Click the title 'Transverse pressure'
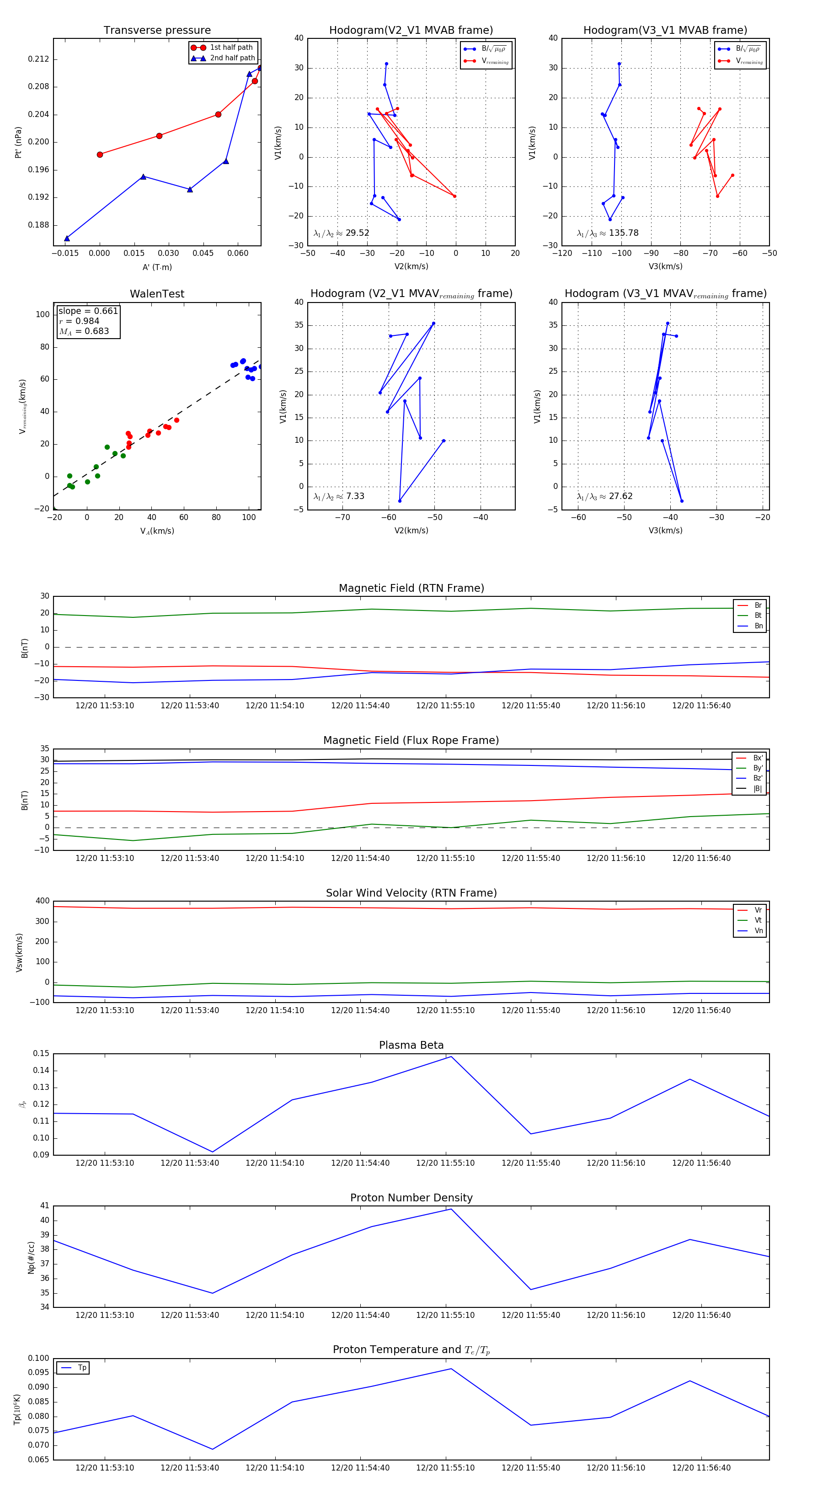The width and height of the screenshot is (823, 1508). tap(157, 31)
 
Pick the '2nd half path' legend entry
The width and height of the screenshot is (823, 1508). tap(232, 58)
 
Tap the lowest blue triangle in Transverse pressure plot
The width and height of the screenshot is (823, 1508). tap(67, 238)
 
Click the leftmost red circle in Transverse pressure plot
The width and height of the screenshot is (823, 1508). tap(100, 154)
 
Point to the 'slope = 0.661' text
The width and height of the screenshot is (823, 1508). tap(88, 311)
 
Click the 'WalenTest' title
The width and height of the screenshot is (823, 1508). tap(157, 294)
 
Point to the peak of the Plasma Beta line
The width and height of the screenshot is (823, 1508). tap(450, 1057)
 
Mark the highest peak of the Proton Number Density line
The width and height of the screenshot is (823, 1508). tap(450, 1209)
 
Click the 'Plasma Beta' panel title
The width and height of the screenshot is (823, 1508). tap(411, 1045)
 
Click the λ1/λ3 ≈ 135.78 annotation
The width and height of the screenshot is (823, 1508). tap(608, 233)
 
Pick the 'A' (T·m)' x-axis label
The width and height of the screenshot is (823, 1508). tap(157, 267)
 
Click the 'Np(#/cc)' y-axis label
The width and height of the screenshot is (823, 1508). tap(31, 1258)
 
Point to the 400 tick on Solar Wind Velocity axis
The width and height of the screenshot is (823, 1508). tap(42, 901)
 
